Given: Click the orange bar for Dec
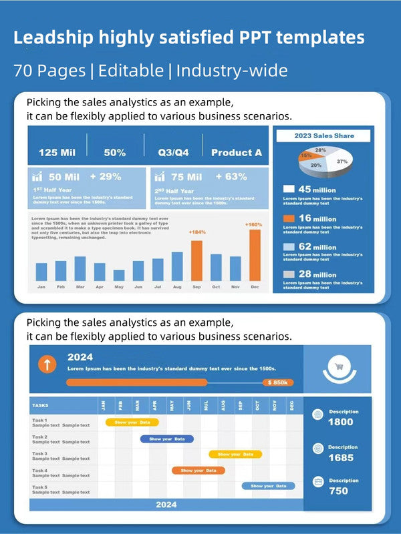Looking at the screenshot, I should pos(255,256).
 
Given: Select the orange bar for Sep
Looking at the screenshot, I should pos(196,260).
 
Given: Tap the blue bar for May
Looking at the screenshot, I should pos(119,275).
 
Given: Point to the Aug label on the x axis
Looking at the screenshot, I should pos(177,287).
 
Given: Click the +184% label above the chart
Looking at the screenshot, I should pos(196,232).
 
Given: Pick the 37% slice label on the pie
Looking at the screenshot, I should pos(342,162).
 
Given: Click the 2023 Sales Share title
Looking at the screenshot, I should pos(324,136).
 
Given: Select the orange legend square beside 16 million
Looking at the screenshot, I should pos(289,218).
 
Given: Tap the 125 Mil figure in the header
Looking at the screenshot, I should pos(57,152).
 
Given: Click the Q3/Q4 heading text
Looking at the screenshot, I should pos(173,152).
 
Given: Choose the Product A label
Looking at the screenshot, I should pos(237,152).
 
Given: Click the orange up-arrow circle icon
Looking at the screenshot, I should pos(47,364).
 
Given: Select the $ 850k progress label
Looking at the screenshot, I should pos(277,382).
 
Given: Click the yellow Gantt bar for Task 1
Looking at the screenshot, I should pos(132,423).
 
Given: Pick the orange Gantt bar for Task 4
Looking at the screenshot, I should pos(198,470).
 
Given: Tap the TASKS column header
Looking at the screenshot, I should pos(40,405).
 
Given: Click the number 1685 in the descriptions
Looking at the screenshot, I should pos(341,458).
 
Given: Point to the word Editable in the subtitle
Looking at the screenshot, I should pos(130,70).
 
